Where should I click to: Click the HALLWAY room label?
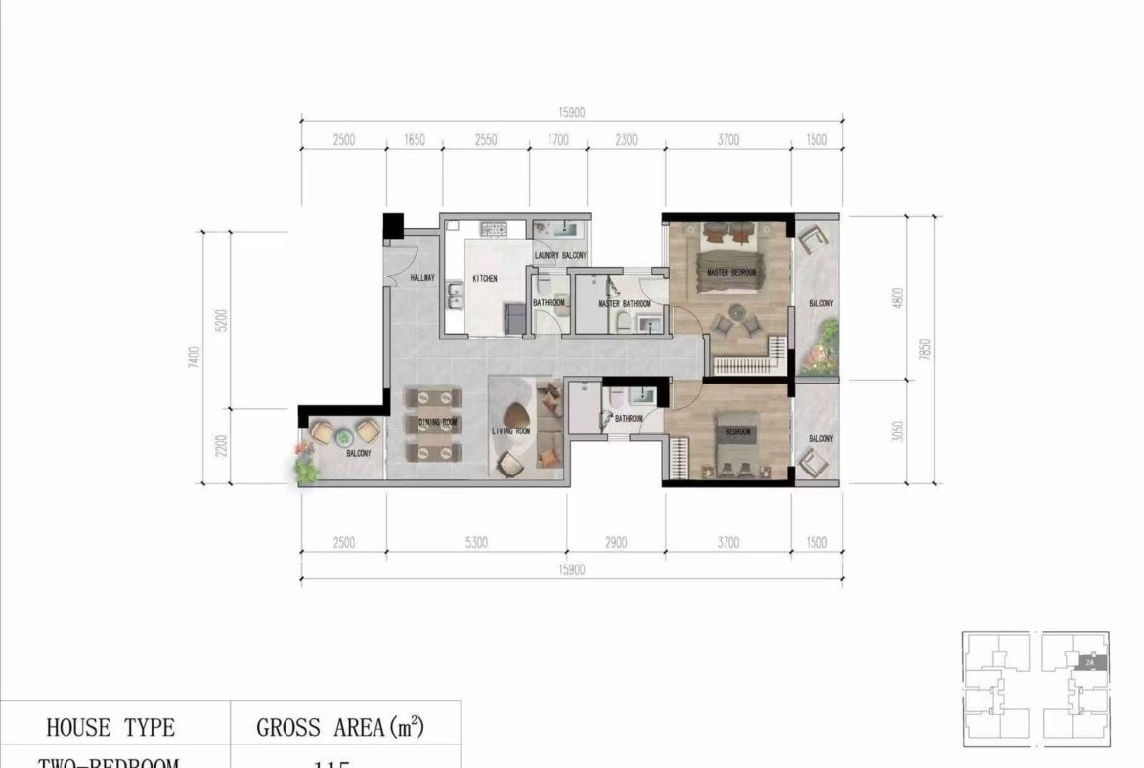422,278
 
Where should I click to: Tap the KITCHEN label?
485,279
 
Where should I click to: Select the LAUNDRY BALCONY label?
561,257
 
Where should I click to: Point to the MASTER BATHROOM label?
625,304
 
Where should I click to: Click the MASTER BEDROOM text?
731,273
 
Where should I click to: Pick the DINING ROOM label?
437,422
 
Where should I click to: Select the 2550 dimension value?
485,140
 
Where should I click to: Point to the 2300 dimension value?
626,140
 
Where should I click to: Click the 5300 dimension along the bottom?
476,543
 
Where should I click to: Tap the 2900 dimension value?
616,543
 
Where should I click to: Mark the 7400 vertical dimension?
196,356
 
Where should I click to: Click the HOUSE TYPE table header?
110,728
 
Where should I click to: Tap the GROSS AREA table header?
342,728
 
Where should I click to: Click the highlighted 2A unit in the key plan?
1089,662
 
